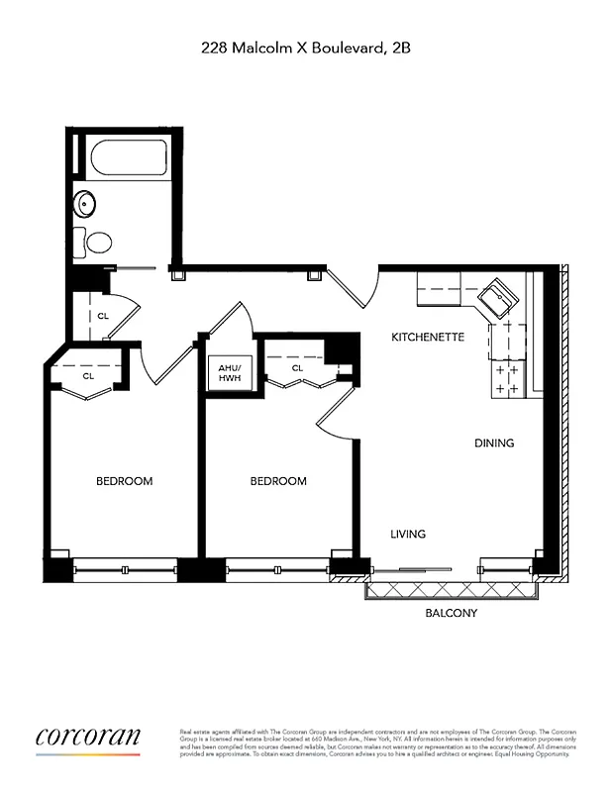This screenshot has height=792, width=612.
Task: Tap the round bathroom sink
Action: [86, 204]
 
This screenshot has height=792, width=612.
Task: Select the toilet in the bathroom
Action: [98, 242]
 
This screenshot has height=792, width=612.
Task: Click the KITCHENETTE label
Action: [428, 337]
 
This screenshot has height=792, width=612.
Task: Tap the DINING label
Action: [494, 444]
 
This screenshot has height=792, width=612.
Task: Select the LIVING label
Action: [408, 535]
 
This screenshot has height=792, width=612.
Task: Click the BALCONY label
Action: [452, 614]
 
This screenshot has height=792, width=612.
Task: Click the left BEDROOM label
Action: [124, 481]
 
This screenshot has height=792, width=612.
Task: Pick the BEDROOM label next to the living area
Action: [278, 481]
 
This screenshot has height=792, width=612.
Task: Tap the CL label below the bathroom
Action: [103, 317]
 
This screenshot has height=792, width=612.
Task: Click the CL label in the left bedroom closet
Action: [88, 376]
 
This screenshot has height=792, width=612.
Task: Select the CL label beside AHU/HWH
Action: [296, 368]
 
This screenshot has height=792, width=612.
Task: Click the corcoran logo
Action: [88, 738]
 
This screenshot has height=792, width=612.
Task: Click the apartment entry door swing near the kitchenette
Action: [352, 288]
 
